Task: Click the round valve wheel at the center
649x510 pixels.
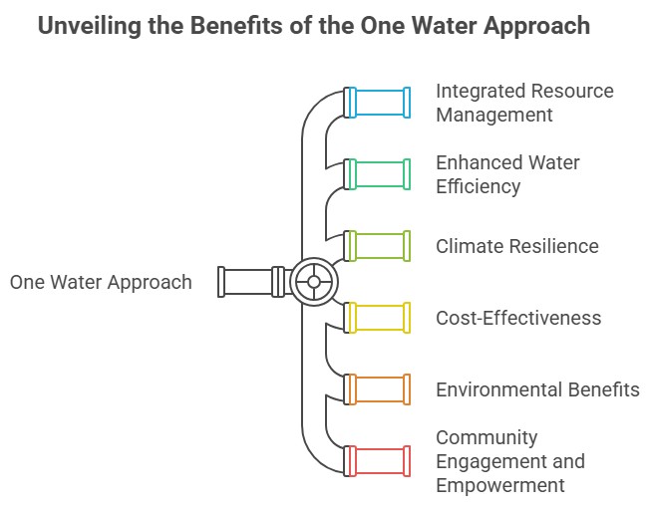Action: [313, 282]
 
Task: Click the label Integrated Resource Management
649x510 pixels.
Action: [524, 103]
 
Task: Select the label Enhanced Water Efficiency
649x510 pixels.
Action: [507, 173]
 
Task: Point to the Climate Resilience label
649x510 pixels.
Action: [516, 246]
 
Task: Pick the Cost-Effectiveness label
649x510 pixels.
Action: [518, 318]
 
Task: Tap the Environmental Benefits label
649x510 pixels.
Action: [537, 389]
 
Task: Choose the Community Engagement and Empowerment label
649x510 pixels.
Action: [509, 461]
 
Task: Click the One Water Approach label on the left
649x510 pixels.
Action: [101, 282]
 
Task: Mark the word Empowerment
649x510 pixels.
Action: [499, 485]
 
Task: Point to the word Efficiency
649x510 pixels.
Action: [478, 185]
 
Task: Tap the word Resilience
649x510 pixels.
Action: [552, 246]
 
